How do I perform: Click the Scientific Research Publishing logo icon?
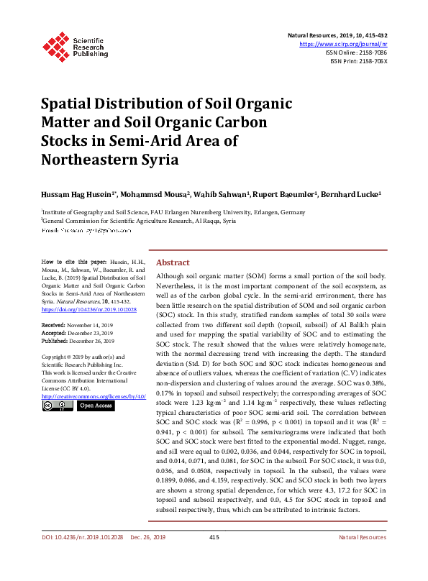click(x=55, y=45)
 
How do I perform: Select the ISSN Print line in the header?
click(x=358, y=61)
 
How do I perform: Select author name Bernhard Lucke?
click(x=349, y=195)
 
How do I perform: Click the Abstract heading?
click(x=173, y=263)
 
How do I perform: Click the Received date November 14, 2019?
click(x=90, y=326)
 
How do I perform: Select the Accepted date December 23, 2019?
click(x=90, y=334)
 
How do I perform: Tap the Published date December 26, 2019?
click(x=92, y=342)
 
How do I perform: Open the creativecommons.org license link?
click(x=94, y=396)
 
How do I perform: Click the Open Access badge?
click(x=96, y=406)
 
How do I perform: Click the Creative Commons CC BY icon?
click(x=57, y=406)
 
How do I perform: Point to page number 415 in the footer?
click(x=214, y=557)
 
